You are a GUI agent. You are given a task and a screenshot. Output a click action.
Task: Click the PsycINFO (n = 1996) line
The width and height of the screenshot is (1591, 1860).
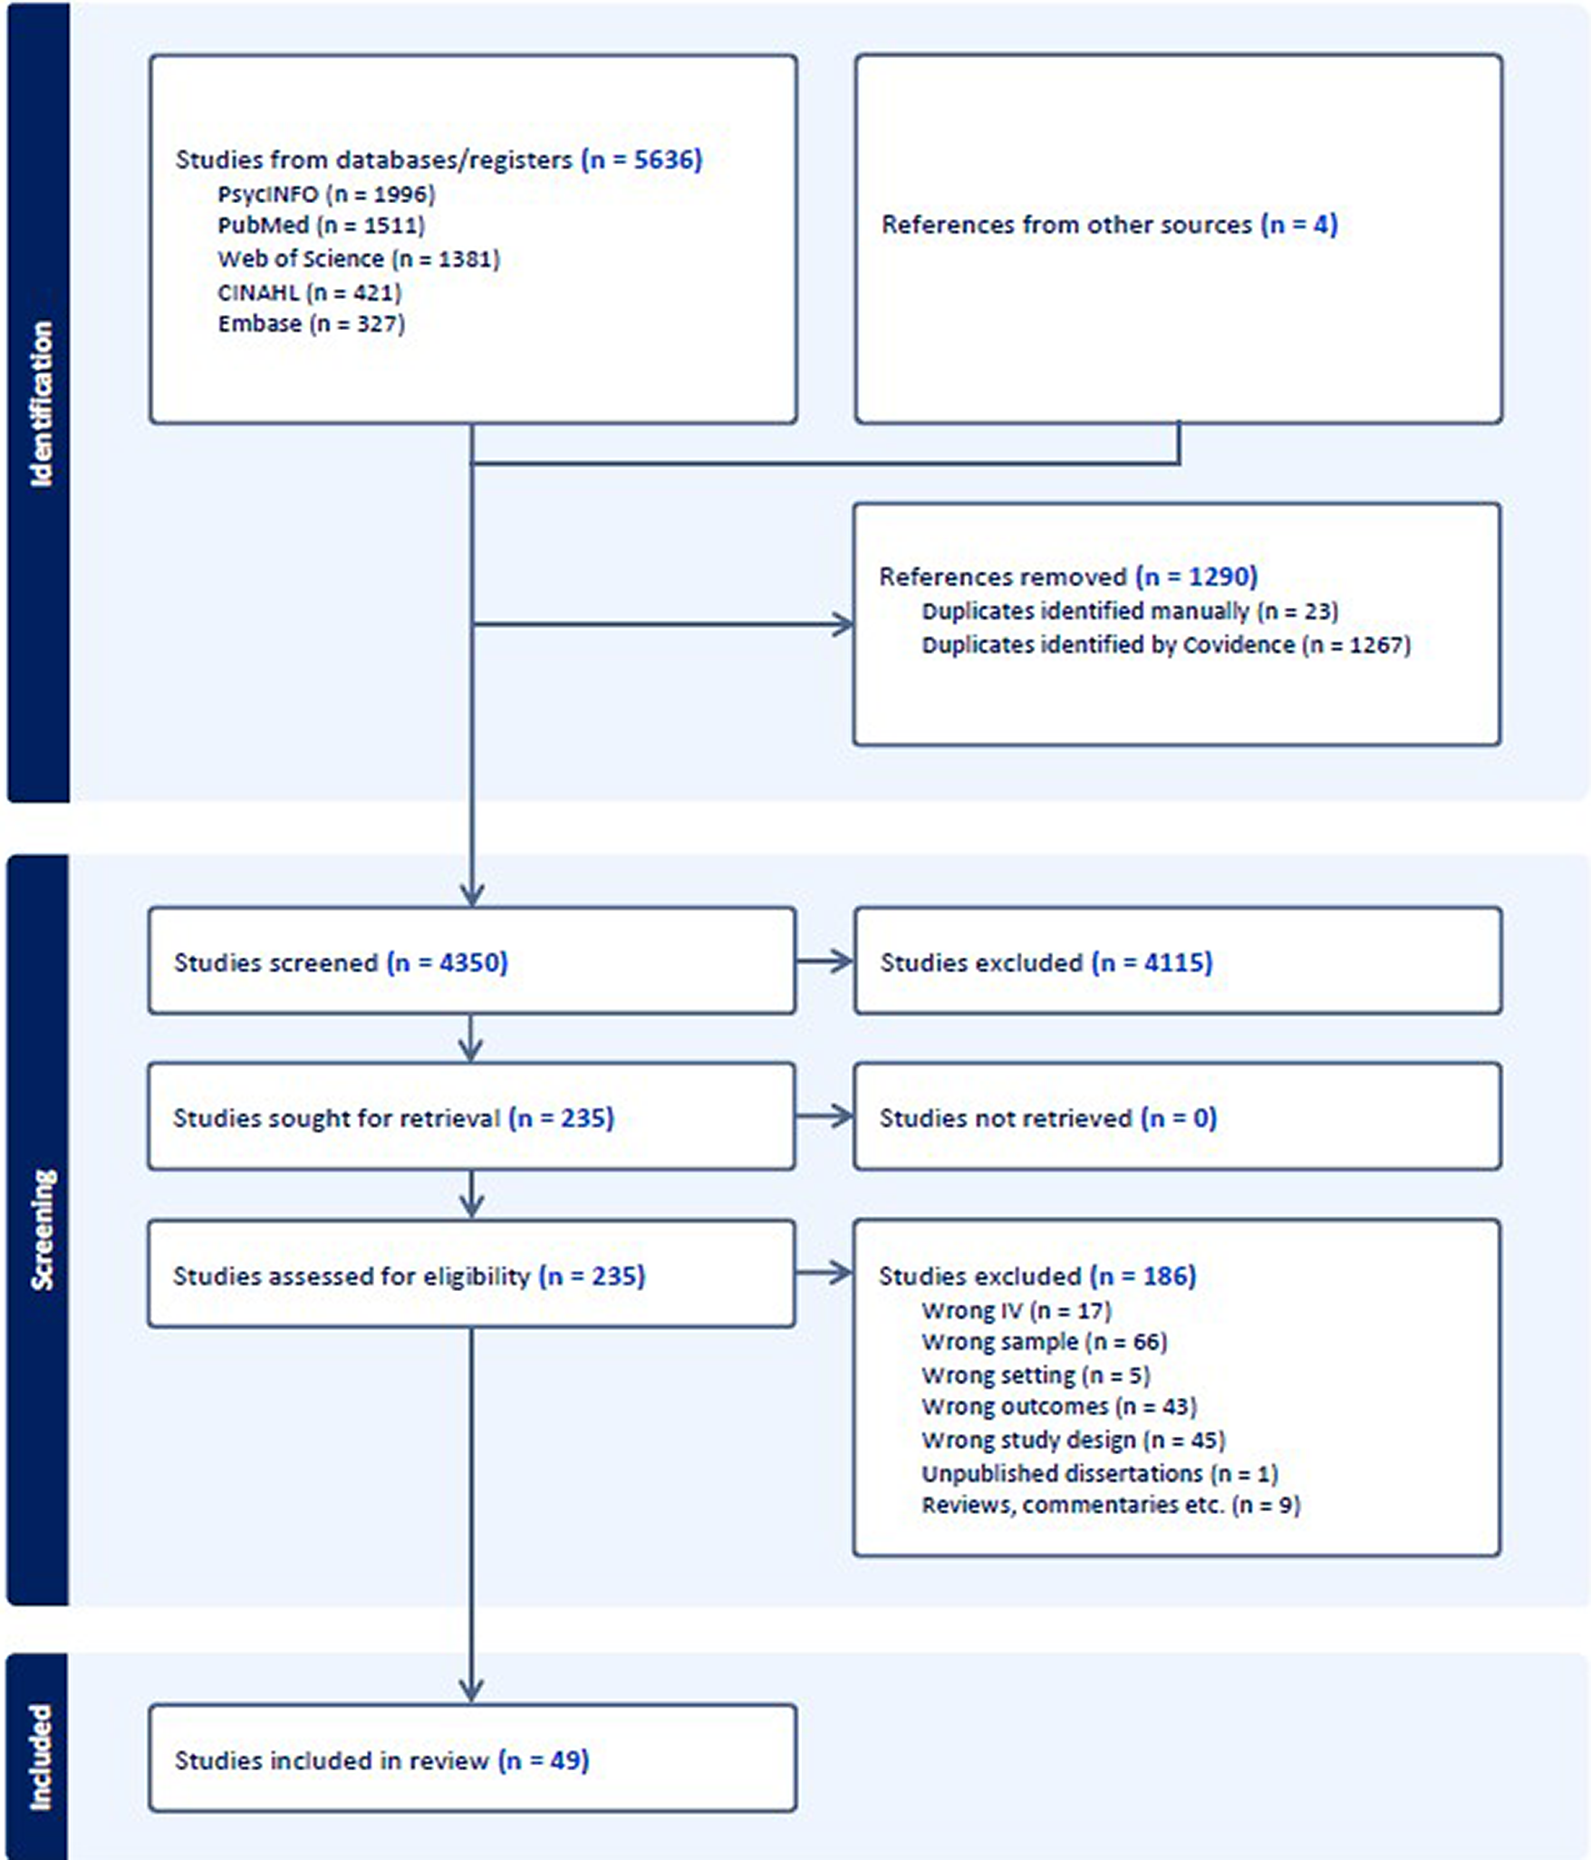[326, 194]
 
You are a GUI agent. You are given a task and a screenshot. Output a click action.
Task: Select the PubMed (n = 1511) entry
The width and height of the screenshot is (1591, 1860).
[321, 226]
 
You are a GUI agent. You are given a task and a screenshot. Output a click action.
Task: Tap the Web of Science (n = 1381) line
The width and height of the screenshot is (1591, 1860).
[359, 259]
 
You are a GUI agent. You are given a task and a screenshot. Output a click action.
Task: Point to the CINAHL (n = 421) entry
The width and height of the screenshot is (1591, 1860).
[309, 292]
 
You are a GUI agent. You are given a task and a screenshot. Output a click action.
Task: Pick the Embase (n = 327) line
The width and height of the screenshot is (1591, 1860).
[311, 323]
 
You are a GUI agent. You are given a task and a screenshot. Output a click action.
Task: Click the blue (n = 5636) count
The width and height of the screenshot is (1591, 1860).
[641, 159]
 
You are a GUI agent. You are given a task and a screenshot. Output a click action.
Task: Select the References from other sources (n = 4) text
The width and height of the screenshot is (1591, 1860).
[1110, 225]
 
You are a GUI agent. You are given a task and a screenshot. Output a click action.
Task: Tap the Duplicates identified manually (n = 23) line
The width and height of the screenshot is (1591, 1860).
[1130, 612]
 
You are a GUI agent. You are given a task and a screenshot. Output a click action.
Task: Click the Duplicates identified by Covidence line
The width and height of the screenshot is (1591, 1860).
[1166, 645]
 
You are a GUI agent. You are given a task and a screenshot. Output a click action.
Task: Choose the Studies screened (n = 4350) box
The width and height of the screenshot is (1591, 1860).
[472, 960]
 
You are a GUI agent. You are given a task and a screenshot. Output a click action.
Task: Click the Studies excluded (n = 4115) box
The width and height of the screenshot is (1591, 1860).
[1178, 960]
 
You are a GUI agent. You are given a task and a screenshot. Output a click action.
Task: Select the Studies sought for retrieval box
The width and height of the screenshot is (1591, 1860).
[472, 1116]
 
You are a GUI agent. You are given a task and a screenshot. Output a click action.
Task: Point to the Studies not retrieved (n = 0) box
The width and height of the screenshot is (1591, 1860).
[1177, 1116]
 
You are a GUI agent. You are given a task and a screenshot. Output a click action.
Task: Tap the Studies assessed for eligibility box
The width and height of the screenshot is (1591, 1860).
[472, 1274]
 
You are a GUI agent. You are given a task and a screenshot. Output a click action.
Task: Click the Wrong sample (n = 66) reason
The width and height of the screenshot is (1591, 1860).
[1045, 1342]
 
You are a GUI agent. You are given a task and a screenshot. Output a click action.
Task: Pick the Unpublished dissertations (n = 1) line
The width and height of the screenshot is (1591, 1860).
[1100, 1473]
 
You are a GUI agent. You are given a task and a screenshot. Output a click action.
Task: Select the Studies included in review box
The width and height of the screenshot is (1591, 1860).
[473, 1759]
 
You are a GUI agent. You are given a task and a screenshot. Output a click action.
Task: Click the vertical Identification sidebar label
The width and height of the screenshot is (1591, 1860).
[41, 404]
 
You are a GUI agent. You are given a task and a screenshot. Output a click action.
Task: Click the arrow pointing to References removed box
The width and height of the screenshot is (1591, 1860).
[662, 624]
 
